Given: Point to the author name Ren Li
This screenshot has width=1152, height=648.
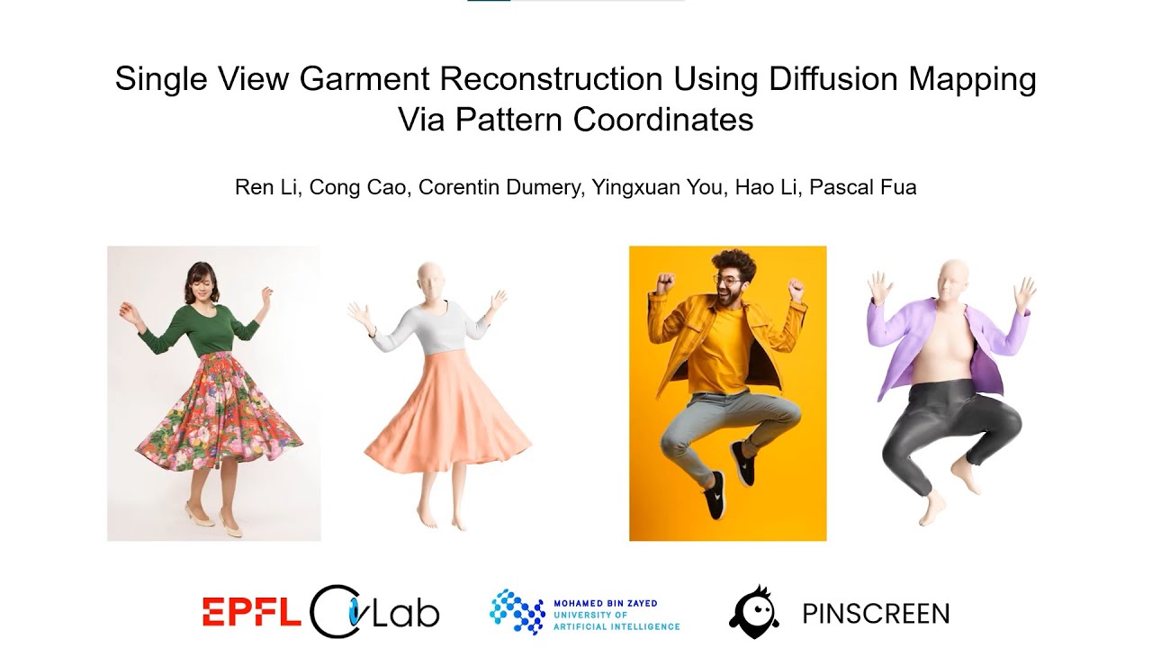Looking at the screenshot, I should point(265,188).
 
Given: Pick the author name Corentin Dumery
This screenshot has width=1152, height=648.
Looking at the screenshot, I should point(499,188).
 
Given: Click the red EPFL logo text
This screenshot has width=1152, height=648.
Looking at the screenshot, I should point(251,612).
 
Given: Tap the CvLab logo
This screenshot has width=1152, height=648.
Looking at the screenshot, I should point(374,612).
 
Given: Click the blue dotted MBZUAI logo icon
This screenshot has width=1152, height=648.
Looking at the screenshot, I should point(517,612).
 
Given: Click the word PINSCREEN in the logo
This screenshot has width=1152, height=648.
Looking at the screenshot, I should point(876,614).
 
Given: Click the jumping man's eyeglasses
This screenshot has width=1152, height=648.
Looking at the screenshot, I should point(730,280).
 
